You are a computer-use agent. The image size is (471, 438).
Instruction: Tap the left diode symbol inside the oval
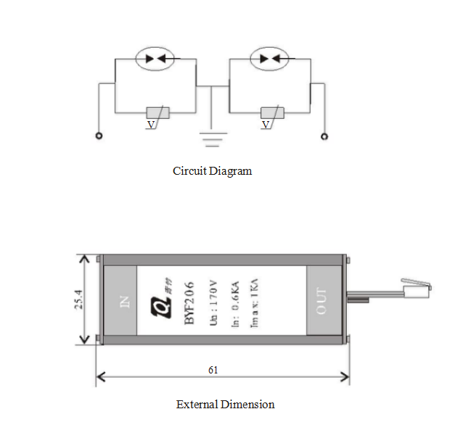[x=156, y=59]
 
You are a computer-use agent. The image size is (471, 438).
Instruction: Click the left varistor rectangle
[x=157, y=113]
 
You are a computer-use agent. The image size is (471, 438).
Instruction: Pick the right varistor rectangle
[x=271, y=113]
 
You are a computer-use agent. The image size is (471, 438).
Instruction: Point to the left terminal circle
[x=99, y=136]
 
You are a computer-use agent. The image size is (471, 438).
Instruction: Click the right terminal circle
[x=325, y=136]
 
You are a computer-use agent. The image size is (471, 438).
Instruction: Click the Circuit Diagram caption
[x=213, y=171]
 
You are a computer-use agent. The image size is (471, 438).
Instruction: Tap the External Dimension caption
[x=226, y=404]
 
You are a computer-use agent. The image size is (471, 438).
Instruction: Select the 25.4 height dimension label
[x=79, y=300]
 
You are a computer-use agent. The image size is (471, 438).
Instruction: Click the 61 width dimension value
[x=213, y=369]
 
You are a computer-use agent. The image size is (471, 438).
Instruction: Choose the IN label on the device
[x=121, y=301]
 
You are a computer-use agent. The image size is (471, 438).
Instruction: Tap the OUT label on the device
[x=321, y=301]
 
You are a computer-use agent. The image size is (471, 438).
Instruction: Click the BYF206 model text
[x=187, y=300]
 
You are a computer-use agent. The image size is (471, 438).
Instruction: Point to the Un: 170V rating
[x=213, y=300]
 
